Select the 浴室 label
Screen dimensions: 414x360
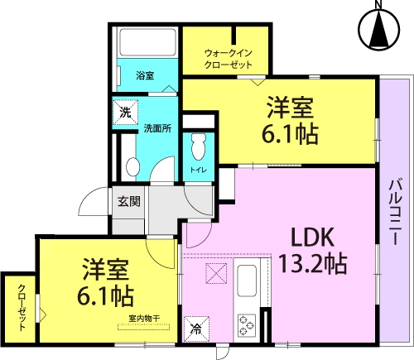(145, 75)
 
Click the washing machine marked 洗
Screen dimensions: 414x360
(125, 113)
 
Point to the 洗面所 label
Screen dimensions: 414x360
(157, 128)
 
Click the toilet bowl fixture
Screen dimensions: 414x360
(198, 146)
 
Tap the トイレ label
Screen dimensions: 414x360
(199, 170)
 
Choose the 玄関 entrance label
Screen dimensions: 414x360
(129, 202)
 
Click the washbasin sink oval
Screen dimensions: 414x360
(132, 166)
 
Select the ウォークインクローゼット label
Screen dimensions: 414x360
(228, 59)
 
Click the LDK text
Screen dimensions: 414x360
(313, 238)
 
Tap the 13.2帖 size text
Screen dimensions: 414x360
(313, 263)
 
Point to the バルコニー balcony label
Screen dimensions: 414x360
(395, 212)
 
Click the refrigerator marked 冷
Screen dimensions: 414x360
(196, 329)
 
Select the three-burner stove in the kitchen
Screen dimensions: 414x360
(247, 324)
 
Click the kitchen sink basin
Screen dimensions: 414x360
(247, 278)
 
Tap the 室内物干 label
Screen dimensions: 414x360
(144, 319)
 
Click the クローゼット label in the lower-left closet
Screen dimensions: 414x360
(22, 308)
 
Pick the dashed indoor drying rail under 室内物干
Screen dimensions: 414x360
(143, 327)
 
